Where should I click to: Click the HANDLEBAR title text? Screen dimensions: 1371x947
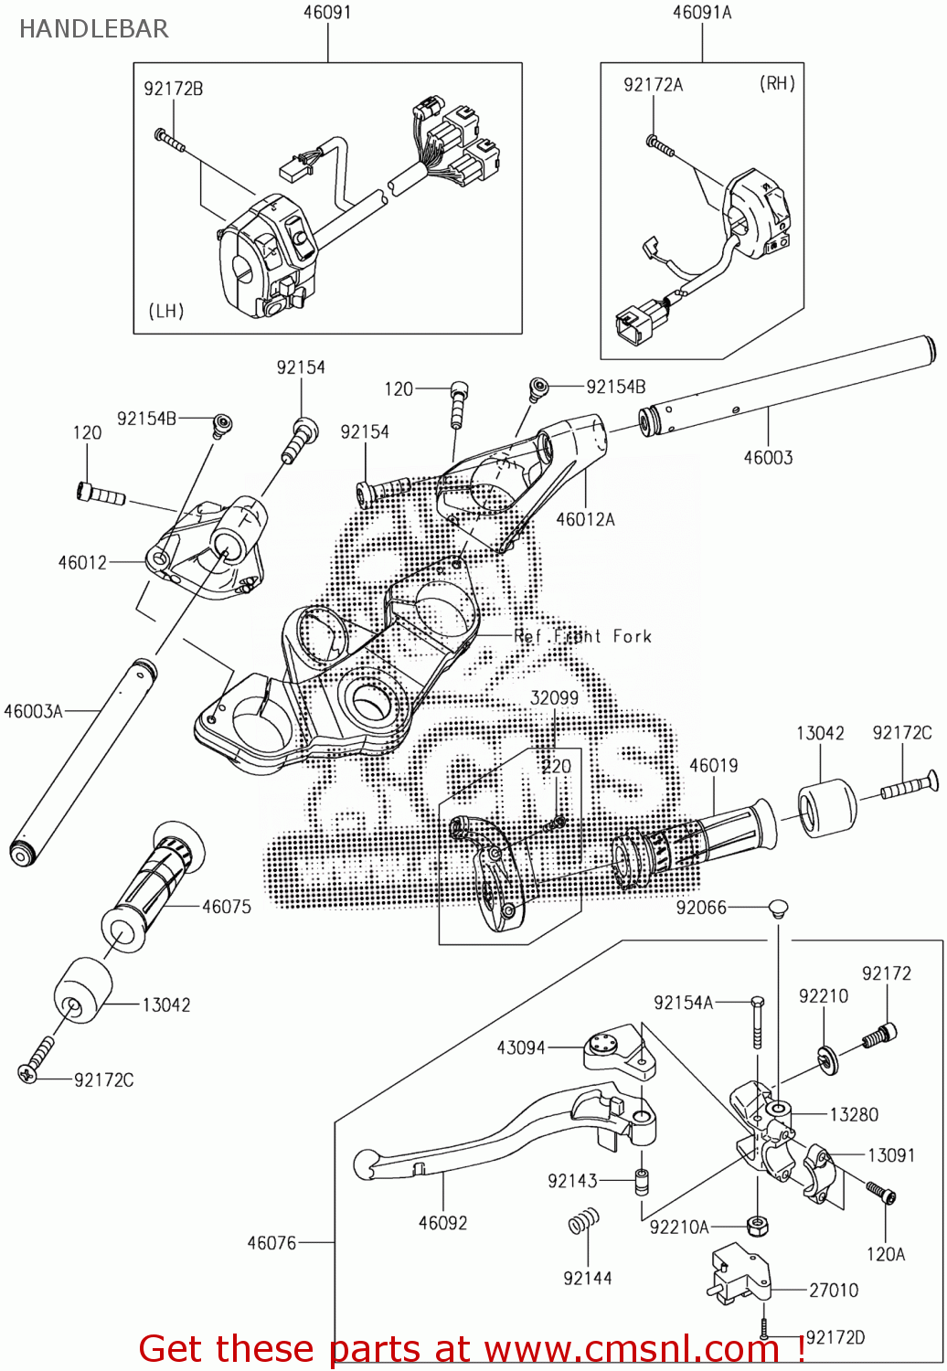pyautogui.click(x=93, y=29)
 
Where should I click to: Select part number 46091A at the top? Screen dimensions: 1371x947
pyautogui.click(x=701, y=13)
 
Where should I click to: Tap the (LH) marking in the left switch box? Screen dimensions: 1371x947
pyautogui.click(x=166, y=311)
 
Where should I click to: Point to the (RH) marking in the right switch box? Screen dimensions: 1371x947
pyautogui.click(x=777, y=83)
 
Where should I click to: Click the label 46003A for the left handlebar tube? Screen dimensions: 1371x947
pyautogui.click(x=33, y=711)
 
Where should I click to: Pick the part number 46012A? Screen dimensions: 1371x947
pyautogui.click(x=585, y=519)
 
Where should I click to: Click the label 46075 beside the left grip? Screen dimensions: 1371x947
pyautogui.click(x=226, y=906)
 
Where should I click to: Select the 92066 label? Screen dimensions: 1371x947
pyautogui.click(x=701, y=907)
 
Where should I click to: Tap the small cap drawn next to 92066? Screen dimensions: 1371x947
pyautogui.click(x=778, y=908)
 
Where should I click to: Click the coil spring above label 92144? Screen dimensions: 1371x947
pyautogui.click(x=584, y=1221)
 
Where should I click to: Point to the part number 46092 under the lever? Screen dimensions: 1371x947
pyautogui.click(x=442, y=1222)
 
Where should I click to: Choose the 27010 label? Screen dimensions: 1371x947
pyautogui.click(x=834, y=1290)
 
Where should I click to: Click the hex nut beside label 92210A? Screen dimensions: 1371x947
pyautogui.click(x=756, y=1225)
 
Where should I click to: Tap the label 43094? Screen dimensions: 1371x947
pyautogui.click(x=520, y=1047)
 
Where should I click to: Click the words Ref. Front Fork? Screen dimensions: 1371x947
pyautogui.click(x=583, y=636)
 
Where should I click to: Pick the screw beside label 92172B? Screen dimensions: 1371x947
pyautogui.click(x=169, y=140)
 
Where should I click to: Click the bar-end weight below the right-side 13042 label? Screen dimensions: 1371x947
pyautogui.click(x=827, y=807)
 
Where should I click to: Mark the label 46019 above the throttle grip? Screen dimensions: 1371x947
pyautogui.click(x=713, y=765)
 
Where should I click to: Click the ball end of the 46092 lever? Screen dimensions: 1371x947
pyautogui.click(x=366, y=1164)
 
